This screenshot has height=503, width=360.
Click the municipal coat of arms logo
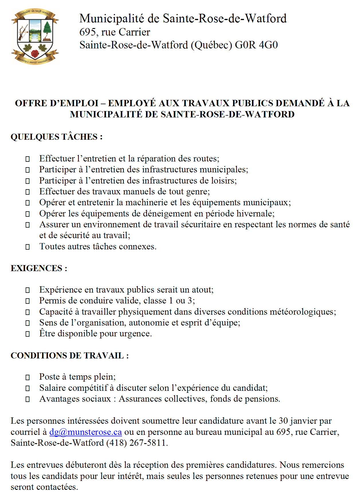pos(35,36)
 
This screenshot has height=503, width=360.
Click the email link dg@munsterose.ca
pos(86,432)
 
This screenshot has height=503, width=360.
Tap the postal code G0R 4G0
pos(256,45)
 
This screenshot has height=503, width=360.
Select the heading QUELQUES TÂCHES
pos(56,137)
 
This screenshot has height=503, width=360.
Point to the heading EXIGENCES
pos(39,268)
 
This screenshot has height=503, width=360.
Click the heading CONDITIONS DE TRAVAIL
pos(70,356)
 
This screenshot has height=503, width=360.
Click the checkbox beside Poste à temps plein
pos(27,377)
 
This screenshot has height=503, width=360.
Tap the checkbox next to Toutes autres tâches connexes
pos(27,247)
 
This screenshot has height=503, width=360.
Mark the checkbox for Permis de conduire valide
pos(27,301)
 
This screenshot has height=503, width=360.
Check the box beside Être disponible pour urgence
pos(27,334)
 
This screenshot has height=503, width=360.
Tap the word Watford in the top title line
pos(266,19)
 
